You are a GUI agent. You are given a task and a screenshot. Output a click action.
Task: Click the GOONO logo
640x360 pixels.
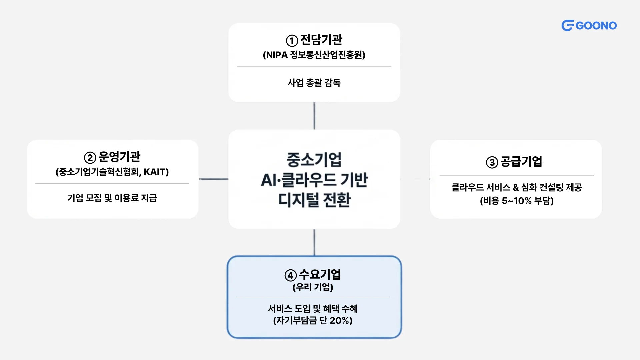(x=589, y=26)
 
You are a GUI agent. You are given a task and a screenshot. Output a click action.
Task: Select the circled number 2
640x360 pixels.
(x=90, y=158)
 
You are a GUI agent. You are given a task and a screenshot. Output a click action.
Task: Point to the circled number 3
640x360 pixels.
(x=492, y=162)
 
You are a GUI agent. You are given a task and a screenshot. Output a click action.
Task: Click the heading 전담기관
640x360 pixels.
(x=321, y=40)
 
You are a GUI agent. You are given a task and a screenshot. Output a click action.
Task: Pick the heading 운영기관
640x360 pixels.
(x=119, y=157)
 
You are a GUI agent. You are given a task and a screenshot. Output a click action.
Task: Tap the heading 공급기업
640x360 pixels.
(x=521, y=162)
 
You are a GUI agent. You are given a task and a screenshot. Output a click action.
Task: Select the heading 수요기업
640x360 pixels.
(x=320, y=275)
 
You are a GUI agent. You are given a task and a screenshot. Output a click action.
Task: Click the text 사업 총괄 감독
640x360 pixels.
(x=314, y=83)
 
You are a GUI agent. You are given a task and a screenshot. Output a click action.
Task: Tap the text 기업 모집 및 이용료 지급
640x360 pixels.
(x=112, y=198)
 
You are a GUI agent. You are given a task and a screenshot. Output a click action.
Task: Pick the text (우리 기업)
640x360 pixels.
(x=313, y=287)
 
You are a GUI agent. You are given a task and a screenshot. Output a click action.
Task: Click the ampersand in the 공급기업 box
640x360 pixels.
(x=516, y=188)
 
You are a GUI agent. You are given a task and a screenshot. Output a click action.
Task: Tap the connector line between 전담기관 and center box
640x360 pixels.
(x=314, y=116)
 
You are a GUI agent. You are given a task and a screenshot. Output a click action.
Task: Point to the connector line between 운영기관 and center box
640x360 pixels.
(x=213, y=179)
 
